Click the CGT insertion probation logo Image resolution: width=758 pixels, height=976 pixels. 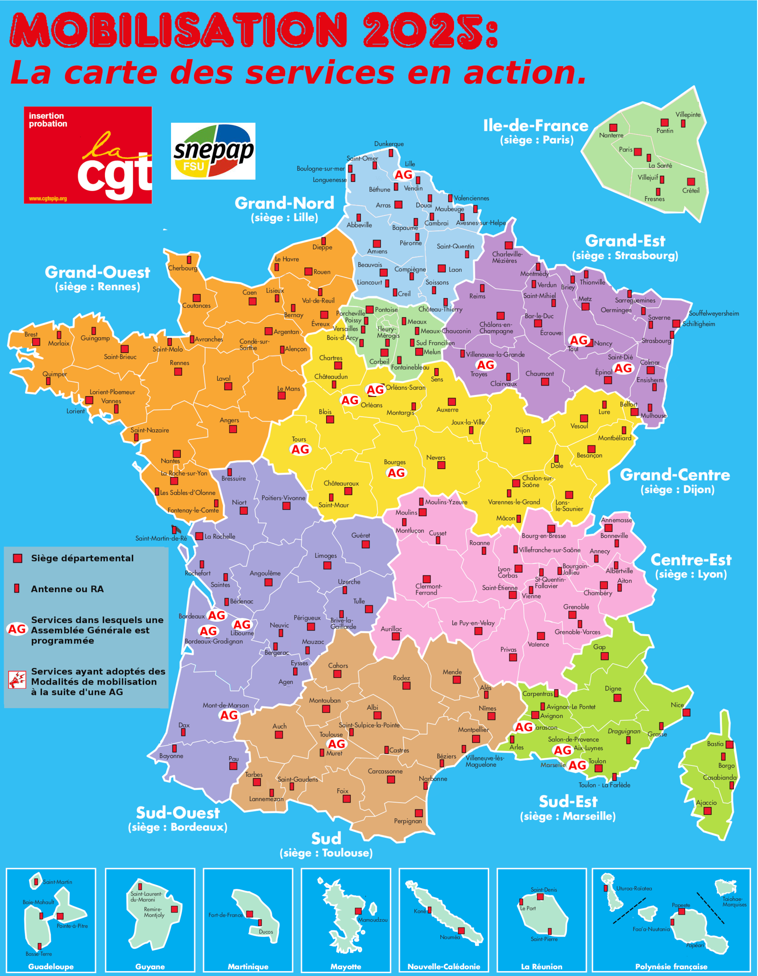pos(88,155)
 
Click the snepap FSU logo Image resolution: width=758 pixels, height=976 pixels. pos(213,151)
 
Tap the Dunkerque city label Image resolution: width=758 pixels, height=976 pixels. pos(389,144)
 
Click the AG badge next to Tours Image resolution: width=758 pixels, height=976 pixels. pos(300,449)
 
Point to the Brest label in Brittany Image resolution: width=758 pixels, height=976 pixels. pos(31,334)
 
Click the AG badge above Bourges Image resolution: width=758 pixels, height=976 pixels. pos(396,473)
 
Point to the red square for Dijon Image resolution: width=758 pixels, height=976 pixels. pos(527,440)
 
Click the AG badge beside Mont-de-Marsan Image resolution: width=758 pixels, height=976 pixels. pos(229,715)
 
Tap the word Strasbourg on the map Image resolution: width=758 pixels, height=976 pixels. pos(656,340)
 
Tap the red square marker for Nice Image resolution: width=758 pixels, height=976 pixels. pos(686,712)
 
